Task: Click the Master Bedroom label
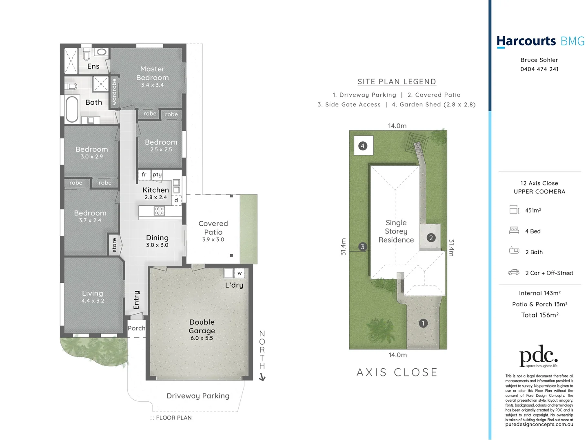pyautogui.click(x=152, y=74)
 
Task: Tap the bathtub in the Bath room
pyautogui.click(x=72, y=109)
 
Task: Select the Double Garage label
pyautogui.click(x=202, y=327)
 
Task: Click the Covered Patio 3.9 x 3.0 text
pyautogui.click(x=213, y=231)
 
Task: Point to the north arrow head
pyautogui.click(x=262, y=378)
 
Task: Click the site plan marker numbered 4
pyautogui.click(x=363, y=146)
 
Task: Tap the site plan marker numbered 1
pyautogui.click(x=423, y=323)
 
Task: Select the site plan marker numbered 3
pyautogui.click(x=362, y=246)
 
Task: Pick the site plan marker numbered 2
pyautogui.click(x=431, y=238)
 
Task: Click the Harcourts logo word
pyautogui.click(x=526, y=41)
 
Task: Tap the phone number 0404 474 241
pyautogui.click(x=539, y=69)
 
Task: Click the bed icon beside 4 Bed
pyautogui.click(x=514, y=231)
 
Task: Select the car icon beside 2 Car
pyautogui.click(x=514, y=273)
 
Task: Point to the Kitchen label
pyautogui.click(x=155, y=190)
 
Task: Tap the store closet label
pyautogui.click(x=114, y=245)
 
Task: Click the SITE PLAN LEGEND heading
pyautogui.click(x=397, y=81)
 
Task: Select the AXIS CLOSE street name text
pyautogui.click(x=397, y=372)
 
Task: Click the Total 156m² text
pyautogui.click(x=539, y=315)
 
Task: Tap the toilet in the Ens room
pyautogui.click(x=87, y=55)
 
